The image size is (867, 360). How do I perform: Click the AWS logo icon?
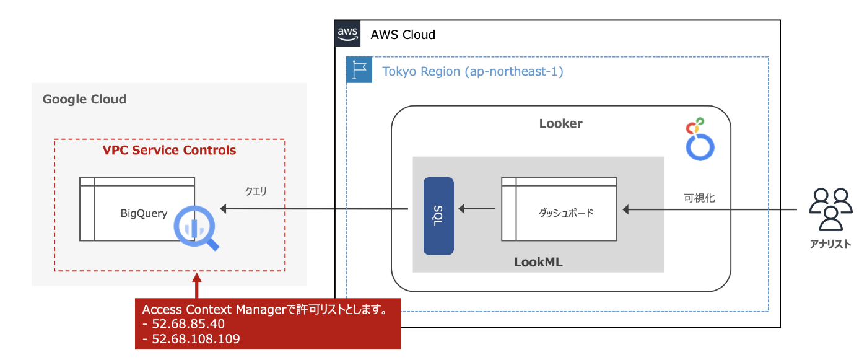[347, 33]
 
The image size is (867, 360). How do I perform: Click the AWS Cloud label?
[403, 35]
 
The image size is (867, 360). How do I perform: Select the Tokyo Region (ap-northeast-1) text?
[473, 71]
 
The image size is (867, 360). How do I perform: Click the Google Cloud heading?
[84, 99]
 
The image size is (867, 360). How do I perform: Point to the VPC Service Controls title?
[169, 150]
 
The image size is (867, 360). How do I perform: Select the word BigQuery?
[144, 213]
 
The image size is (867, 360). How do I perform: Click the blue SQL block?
[438, 216]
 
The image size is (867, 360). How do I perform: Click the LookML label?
[538, 262]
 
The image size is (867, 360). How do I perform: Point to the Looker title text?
[560, 123]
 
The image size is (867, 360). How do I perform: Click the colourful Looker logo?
[700, 138]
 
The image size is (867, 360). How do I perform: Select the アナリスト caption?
[830, 244]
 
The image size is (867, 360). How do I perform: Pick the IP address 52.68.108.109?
[195, 339]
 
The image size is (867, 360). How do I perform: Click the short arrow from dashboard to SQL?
[477, 211]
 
